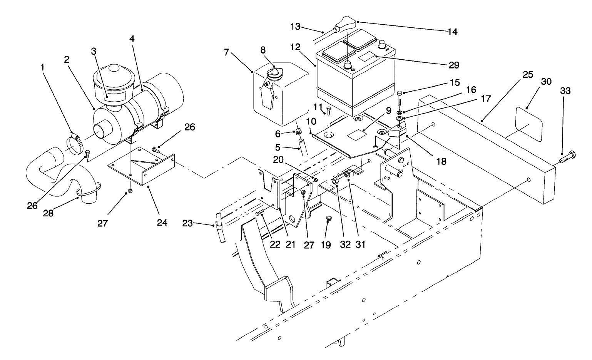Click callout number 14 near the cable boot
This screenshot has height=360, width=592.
(452, 32)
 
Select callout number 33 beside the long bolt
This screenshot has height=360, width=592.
(565, 91)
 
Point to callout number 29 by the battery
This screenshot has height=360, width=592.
(454, 65)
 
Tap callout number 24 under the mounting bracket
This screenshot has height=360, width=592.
(162, 223)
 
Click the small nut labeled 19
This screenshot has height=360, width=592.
(328, 219)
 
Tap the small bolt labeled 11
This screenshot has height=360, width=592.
(328, 111)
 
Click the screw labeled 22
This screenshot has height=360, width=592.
(259, 213)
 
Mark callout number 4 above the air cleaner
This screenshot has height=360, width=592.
(132, 39)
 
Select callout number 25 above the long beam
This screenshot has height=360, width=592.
(528, 75)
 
